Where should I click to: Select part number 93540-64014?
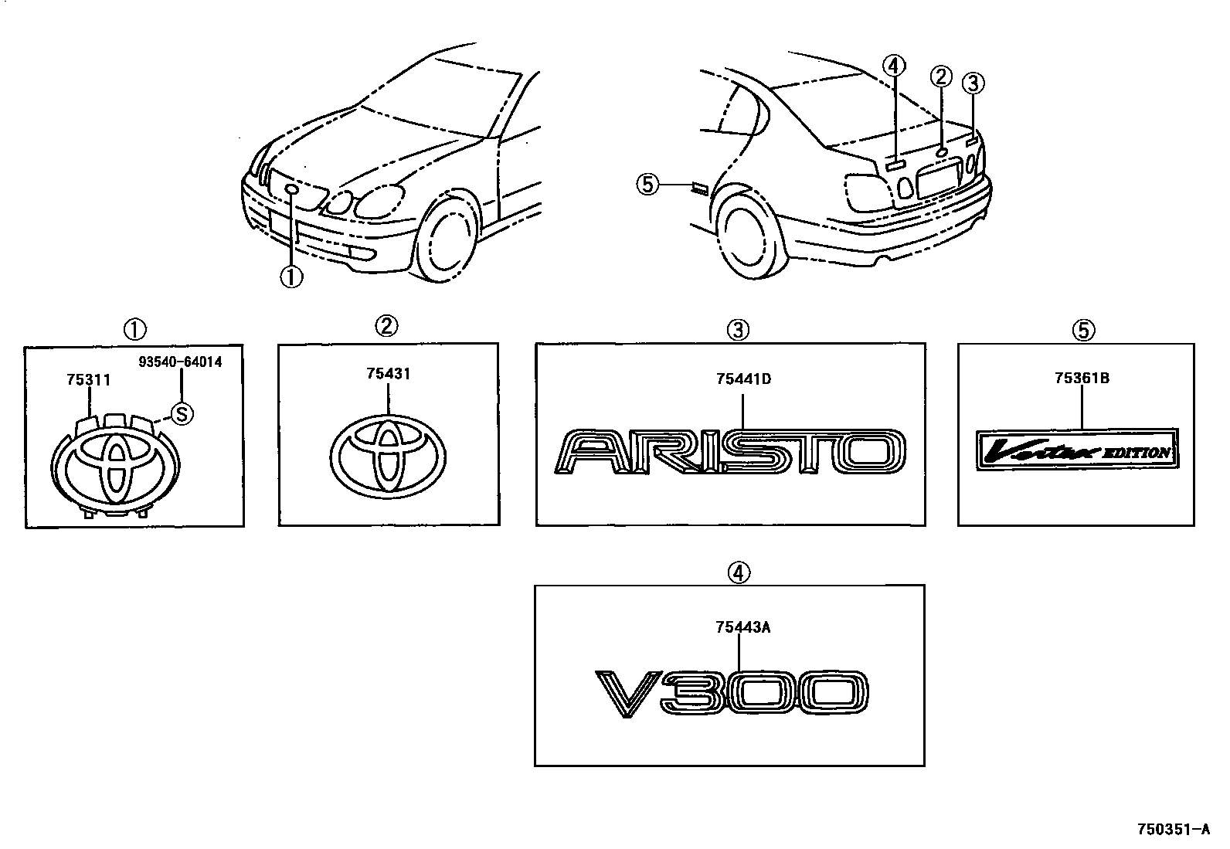point(181,362)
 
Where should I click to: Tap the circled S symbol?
point(181,415)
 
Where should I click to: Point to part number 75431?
point(389,374)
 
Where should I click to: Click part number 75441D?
point(743,379)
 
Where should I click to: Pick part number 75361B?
point(1082,379)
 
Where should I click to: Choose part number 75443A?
point(742,627)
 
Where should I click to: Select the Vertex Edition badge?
point(1077,450)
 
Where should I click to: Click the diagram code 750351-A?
point(1172,830)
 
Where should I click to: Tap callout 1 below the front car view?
point(291,277)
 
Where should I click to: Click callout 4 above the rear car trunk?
point(894,66)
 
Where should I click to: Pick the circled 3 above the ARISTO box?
point(738,330)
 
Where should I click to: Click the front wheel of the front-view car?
point(443,240)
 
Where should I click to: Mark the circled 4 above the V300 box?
point(738,572)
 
